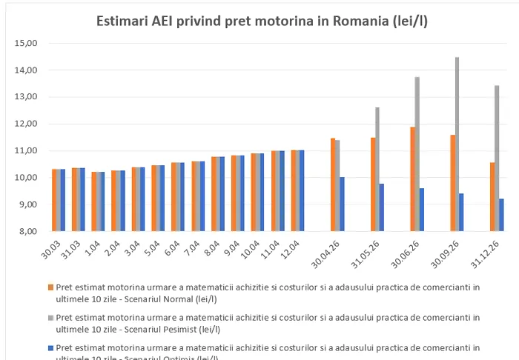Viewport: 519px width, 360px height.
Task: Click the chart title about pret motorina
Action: point(262,21)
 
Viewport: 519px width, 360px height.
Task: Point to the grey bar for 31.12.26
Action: point(497,159)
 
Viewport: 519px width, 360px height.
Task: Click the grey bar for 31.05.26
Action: point(377,170)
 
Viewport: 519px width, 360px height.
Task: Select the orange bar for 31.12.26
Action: point(492,196)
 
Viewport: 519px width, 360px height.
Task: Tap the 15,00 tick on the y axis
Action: point(25,43)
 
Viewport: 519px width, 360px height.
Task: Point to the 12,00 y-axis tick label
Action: point(25,124)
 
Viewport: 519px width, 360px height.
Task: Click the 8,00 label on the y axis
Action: point(27,231)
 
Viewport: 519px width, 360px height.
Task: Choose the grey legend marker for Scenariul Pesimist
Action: point(50,317)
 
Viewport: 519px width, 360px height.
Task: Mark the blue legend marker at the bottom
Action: point(50,347)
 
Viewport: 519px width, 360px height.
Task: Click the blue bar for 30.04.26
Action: point(342,204)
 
